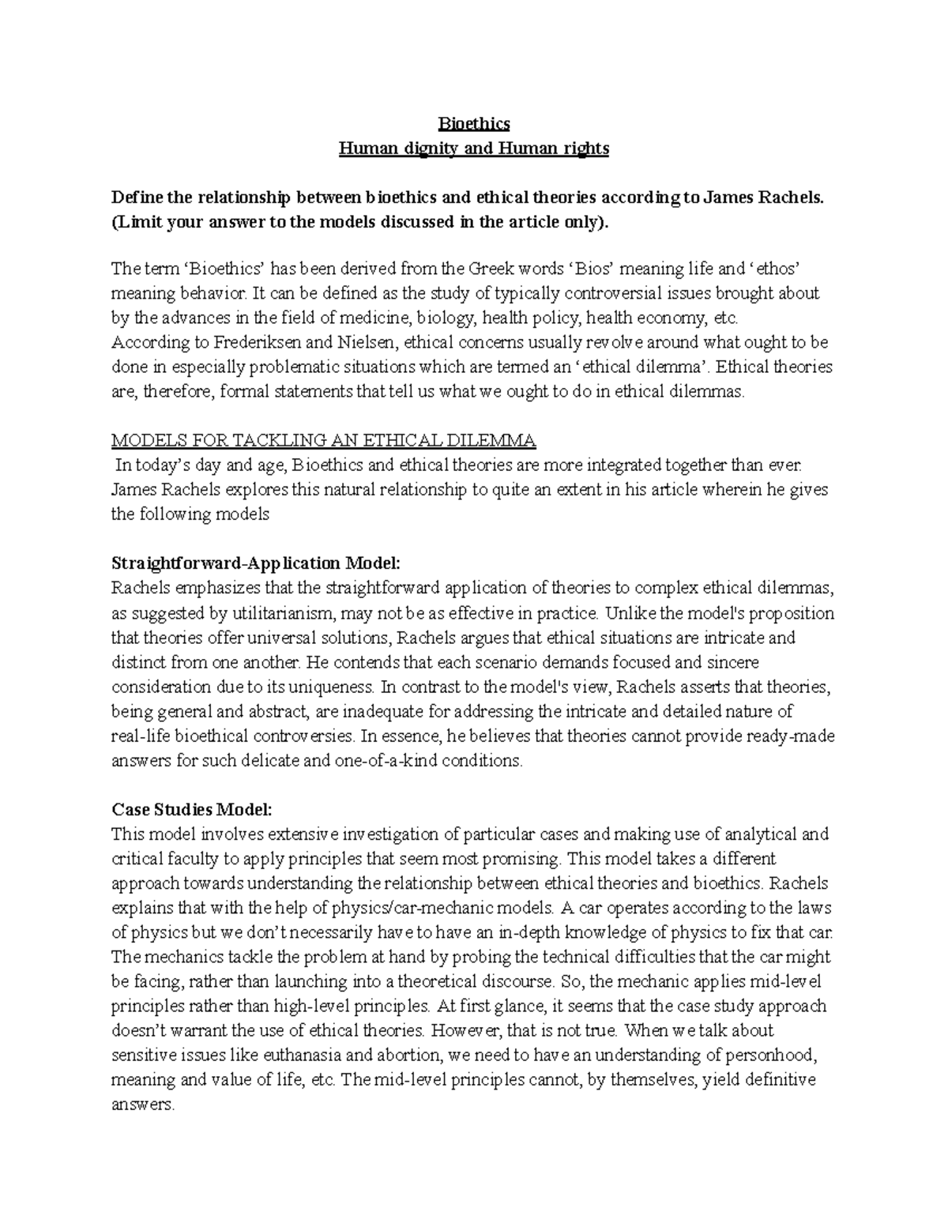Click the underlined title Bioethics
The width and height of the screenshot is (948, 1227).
click(x=474, y=124)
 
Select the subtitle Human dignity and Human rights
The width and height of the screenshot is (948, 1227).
click(x=474, y=149)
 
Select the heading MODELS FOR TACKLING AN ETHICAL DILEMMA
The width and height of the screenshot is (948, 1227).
click(x=324, y=440)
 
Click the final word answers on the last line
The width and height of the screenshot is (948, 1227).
click(x=142, y=1105)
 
